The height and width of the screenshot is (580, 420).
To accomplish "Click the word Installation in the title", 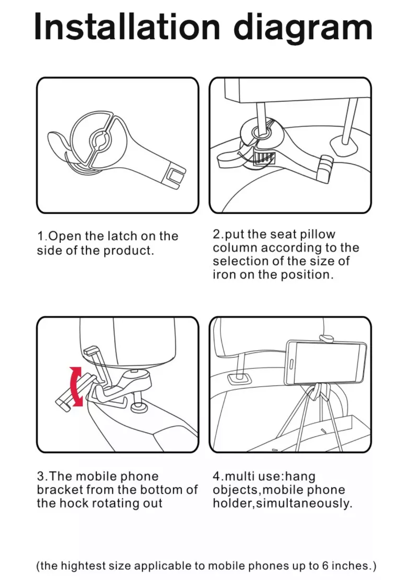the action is click(x=127, y=27).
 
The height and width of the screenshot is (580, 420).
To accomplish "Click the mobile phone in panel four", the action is click(x=325, y=363).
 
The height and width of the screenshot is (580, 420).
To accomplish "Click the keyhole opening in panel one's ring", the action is click(x=100, y=140).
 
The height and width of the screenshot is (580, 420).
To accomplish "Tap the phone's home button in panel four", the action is click(x=291, y=364).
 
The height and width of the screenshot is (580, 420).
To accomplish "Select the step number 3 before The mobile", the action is click(x=40, y=476).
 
